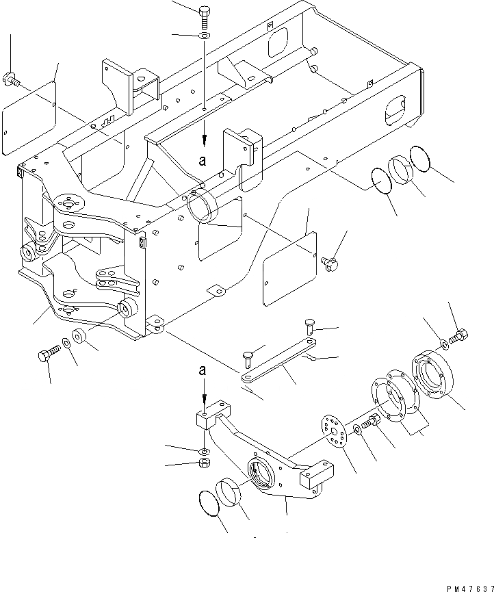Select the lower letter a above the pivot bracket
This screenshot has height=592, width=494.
tap(203, 370)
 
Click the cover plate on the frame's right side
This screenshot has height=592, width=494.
tap(289, 266)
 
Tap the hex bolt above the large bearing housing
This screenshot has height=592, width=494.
tap(461, 335)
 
